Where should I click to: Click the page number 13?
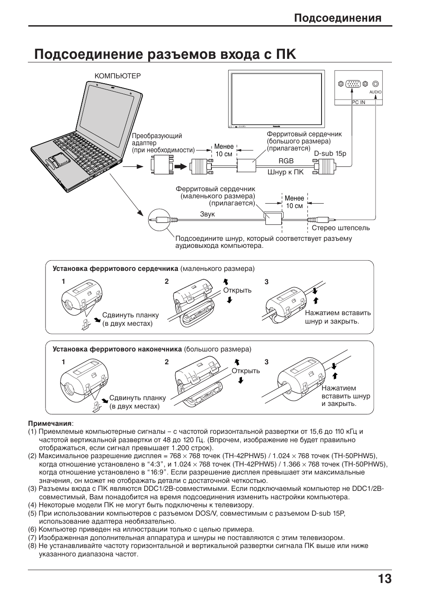(x=384, y=579)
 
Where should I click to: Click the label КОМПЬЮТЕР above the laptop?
(x=117, y=76)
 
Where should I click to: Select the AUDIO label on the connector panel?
(x=375, y=92)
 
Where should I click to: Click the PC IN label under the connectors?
(x=358, y=102)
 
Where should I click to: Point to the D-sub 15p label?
(x=330, y=154)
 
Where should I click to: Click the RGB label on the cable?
(x=286, y=161)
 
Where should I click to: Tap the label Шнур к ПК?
(x=285, y=172)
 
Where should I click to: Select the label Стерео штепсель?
(x=340, y=228)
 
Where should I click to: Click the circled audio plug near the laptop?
(x=159, y=220)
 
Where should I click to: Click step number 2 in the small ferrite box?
(x=167, y=282)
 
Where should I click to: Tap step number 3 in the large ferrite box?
(x=266, y=362)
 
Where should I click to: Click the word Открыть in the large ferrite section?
(x=246, y=371)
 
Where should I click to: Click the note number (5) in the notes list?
(x=32, y=513)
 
